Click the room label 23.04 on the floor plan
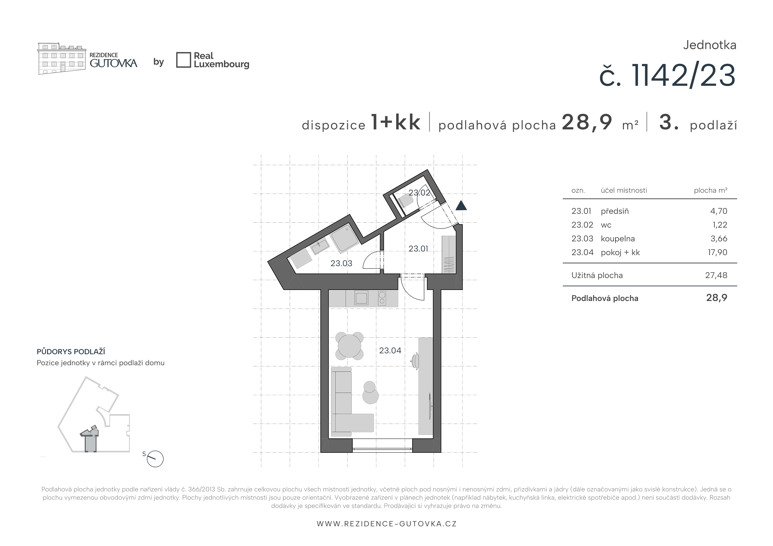[390, 351]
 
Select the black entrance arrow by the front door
[461, 205]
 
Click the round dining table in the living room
[349, 346]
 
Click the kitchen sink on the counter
[361, 298]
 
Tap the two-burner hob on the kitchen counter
[382, 298]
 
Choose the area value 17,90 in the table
[717, 252]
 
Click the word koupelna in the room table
[618, 239]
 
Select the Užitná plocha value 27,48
[716, 275]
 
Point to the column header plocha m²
[710, 190]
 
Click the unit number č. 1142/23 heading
[667, 76]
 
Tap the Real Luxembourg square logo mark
[184, 60]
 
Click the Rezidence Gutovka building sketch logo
[61, 58]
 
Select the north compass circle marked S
[155, 459]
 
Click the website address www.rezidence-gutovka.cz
[386, 524]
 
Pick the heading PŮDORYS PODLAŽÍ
[71, 352]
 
